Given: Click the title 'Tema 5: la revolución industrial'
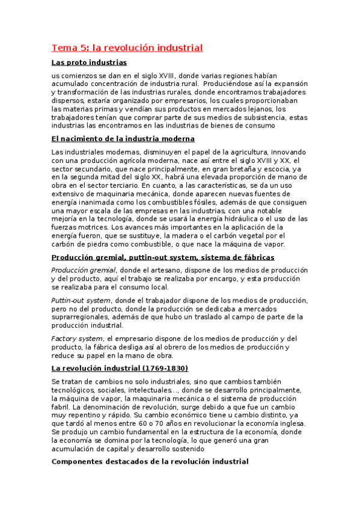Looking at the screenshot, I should pyautogui.click(x=127, y=48).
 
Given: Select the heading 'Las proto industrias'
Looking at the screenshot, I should pyautogui.click(x=89, y=63).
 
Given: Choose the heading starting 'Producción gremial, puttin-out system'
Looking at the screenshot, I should pyautogui.click(x=163, y=257).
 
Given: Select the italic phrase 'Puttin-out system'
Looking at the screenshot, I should pyautogui.click(x=81, y=300).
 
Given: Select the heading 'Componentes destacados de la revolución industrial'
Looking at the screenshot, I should pyautogui.click(x=150, y=461).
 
